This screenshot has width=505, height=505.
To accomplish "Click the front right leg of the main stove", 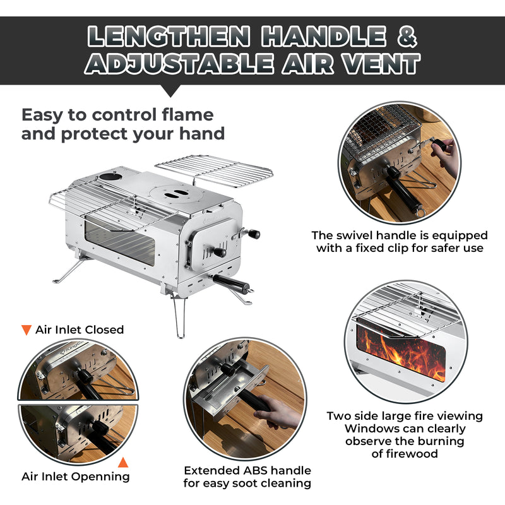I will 178,319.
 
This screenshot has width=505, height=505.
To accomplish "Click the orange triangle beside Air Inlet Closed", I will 27,330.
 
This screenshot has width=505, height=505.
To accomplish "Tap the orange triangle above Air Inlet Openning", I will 124,462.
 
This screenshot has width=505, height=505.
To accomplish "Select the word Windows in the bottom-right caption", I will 353,429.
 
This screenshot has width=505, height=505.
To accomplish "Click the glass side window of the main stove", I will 119,240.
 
